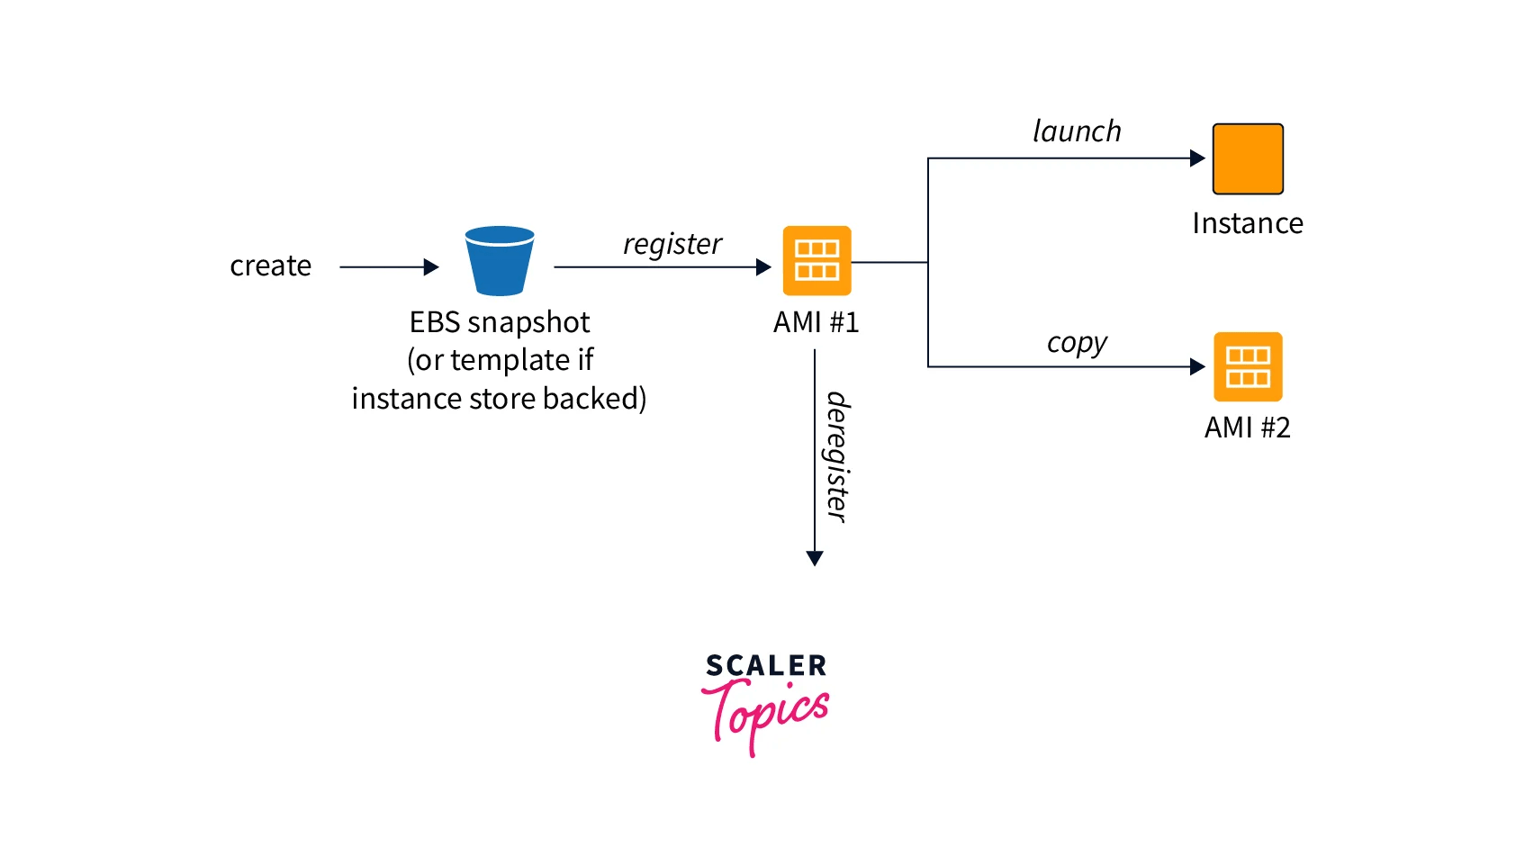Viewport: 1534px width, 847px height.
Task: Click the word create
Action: [x=270, y=266]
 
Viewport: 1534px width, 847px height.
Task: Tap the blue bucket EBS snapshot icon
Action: [x=500, y=261]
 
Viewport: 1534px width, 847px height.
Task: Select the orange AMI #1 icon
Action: [x=817, y=261]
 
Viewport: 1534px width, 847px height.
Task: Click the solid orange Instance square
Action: [x=1248, y=159]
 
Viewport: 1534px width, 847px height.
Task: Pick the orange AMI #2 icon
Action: [x=1248, y=367]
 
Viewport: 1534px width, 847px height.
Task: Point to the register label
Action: [x=672, y=244]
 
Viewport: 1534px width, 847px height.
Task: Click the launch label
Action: [x=1077, y=131]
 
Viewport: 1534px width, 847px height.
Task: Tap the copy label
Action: [x=1077, y=343]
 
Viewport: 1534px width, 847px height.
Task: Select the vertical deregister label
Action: [x=837, y=457]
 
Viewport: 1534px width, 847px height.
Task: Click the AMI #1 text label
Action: [x=816, y=322]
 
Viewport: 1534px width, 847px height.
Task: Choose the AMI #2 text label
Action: [x=1247, y=427]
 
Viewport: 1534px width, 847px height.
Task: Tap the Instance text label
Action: [x=1247, y=223]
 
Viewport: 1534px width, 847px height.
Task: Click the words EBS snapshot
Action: [x=500, y=322]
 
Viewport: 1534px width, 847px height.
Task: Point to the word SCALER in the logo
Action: [x=766, y=666]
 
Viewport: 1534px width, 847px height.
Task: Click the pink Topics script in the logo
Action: [x=765, y=713]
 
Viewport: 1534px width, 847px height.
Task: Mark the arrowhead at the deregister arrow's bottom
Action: [x=815, y=558]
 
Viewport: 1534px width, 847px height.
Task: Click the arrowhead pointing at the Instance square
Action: [x=1197, y=158]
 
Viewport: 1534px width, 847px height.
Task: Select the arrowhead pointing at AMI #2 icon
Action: [x=1197, y=366]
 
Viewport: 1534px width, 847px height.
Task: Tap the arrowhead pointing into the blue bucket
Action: [x=431, y=266]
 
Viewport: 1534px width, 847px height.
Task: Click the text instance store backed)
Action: [x=499, y=398]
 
